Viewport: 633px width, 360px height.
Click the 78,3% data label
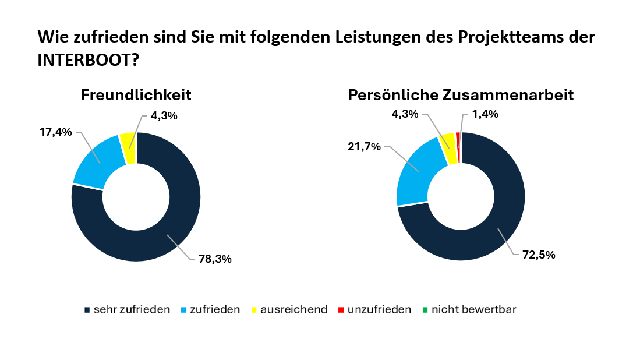pos(215,259)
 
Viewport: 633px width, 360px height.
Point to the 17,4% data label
pos(56,132)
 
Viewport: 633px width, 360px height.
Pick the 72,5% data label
pos(539,255)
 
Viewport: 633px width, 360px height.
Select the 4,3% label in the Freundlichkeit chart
pos(164,115)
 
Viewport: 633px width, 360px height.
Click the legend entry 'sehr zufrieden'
pos(132,309)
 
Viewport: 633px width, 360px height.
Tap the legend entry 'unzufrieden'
pos(379,309)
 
